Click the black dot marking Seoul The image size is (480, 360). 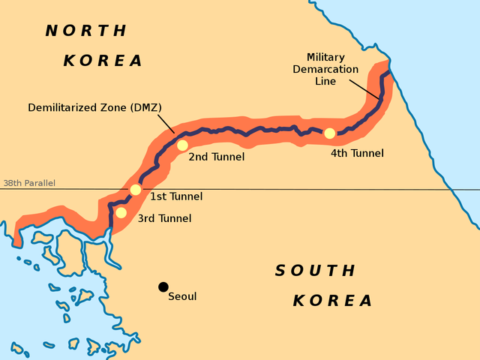(163, 286)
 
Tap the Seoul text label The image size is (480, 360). (182, 296)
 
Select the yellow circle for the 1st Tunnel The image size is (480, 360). (135, 190)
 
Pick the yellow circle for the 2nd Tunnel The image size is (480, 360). (181, 145)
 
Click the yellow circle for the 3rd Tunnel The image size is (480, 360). (121, 212)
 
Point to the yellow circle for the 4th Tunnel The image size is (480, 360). (329, 133)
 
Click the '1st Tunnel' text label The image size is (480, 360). (176, 196)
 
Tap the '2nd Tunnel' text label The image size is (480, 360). (216, 157)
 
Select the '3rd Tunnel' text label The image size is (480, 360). (164, 218)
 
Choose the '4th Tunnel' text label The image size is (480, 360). (357, 153)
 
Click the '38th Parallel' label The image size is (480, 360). (29, 183)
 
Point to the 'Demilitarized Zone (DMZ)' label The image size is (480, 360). (94, 107)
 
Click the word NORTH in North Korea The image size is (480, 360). (86, 31)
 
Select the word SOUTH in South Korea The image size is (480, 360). (315, 271)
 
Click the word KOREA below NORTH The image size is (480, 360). (103, 61)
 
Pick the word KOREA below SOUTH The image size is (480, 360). (332, 301)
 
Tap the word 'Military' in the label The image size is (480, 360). (326, 57)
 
